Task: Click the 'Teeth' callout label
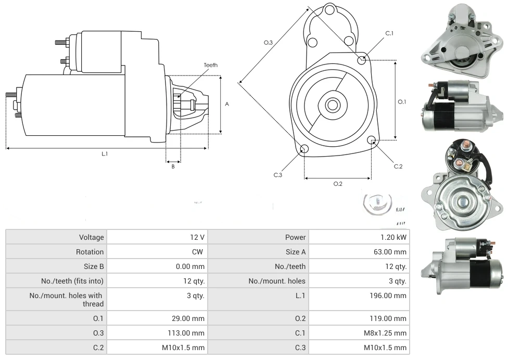click(210, 65)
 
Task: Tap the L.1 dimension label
click(105, 153)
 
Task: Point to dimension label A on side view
click(227, 104)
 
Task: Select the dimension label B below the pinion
click(173, 166)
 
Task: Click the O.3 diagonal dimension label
click(268, 43)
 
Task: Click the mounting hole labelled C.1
click(362, 60)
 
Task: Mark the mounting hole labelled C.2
click(372, 140)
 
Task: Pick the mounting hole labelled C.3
click(304, 150)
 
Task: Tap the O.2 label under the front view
click(337, 184)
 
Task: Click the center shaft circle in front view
click(332, 105)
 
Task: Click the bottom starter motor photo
click(462, 262)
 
